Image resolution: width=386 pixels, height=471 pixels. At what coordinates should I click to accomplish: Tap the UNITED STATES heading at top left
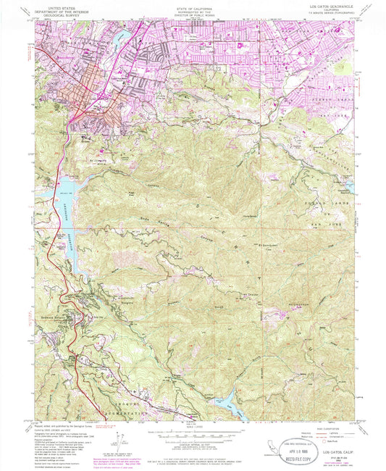[x=63, y=7]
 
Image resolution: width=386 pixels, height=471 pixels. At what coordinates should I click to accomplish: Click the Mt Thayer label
[x=251, y=295]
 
